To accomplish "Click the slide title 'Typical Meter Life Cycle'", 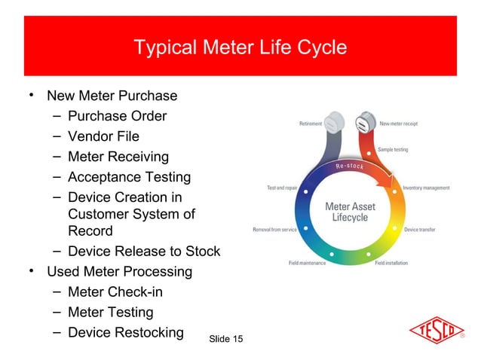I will click(x=240, y=47).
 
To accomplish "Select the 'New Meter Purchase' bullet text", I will click(x=112, y=96).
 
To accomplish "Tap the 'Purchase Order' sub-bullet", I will click(x=117, y=116).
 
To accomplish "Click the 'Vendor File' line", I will click(x=103, y=136).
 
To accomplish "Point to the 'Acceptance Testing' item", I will click(x=129, y=177).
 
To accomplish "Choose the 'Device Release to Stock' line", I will click(x=143, y=251).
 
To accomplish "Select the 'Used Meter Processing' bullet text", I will click(x=119, y=271).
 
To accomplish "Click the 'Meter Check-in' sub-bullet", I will click(x=115, y=291).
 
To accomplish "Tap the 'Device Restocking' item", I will click(x=125, y=332).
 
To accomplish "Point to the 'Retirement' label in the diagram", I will click(x=311, y=124).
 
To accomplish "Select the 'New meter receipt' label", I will click(x=398, y=124).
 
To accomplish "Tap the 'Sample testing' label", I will click(x=393, y=150).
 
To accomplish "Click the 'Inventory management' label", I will click(x=426, y=188).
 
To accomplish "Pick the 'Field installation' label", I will click(x=392, y=263).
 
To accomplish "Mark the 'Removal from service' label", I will click(x=274, y=230).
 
